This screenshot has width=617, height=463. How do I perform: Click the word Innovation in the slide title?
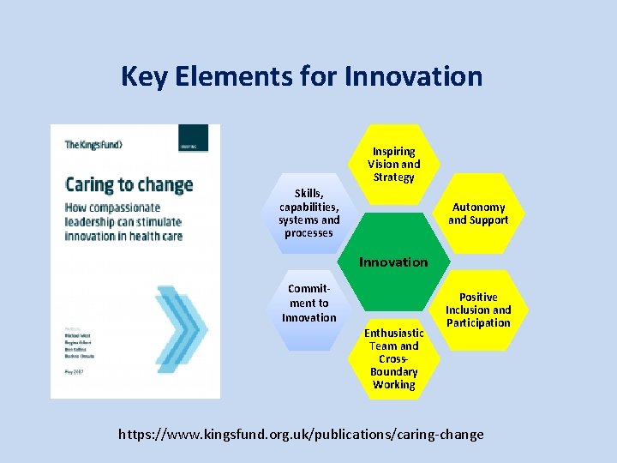point(413,76)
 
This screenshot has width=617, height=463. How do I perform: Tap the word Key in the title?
point(141,76)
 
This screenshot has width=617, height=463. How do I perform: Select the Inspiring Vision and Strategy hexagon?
point(393,164)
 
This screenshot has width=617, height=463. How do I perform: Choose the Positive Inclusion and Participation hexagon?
point(478,310)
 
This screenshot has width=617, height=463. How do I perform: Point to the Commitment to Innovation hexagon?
point(309,304)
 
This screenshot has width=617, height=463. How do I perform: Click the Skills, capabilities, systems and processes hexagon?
point(309,213)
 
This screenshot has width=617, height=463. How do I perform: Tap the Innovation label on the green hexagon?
point(393,262)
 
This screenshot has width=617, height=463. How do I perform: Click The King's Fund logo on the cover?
point(93,145)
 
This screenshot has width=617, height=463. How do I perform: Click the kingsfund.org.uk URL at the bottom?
point(301,434)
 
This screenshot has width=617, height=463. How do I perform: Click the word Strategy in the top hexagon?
point(393,177)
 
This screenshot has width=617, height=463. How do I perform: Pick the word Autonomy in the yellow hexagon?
point(478,207)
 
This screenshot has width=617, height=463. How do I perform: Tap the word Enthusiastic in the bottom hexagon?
point(393,333)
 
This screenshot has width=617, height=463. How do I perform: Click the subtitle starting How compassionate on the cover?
point(124,221)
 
